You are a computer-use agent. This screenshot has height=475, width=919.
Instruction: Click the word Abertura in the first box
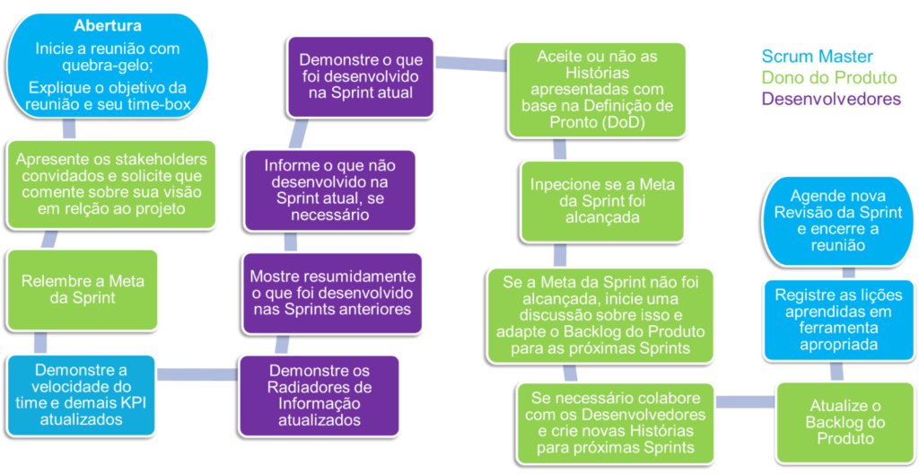tap(108, 26)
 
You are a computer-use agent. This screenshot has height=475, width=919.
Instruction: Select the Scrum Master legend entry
tap(817, 57)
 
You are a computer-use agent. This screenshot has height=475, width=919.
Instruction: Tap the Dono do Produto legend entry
tap(828, 78)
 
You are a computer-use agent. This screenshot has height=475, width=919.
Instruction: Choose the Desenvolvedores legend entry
tap(831, 99)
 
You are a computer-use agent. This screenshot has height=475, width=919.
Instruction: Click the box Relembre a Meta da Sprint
tap(83, 289)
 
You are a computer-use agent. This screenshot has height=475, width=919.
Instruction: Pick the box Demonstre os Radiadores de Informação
tap(319, 395)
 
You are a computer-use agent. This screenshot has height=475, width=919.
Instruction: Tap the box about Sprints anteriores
tap(332, 293)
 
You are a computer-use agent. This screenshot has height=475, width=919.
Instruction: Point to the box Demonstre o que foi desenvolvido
tap(355, 76)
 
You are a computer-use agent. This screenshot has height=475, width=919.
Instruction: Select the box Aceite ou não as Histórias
tap(597, 90)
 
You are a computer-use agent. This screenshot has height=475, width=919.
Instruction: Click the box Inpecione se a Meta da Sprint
tap(597, 200)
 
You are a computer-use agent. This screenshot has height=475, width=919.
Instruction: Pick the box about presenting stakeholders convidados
tap(111, 183)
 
